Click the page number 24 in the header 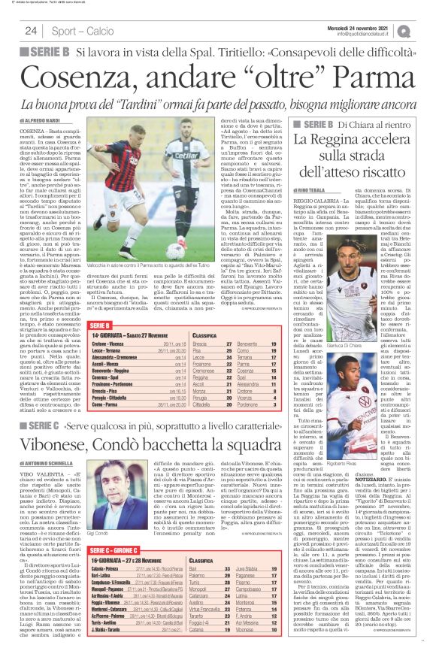(x=31, y=31)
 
